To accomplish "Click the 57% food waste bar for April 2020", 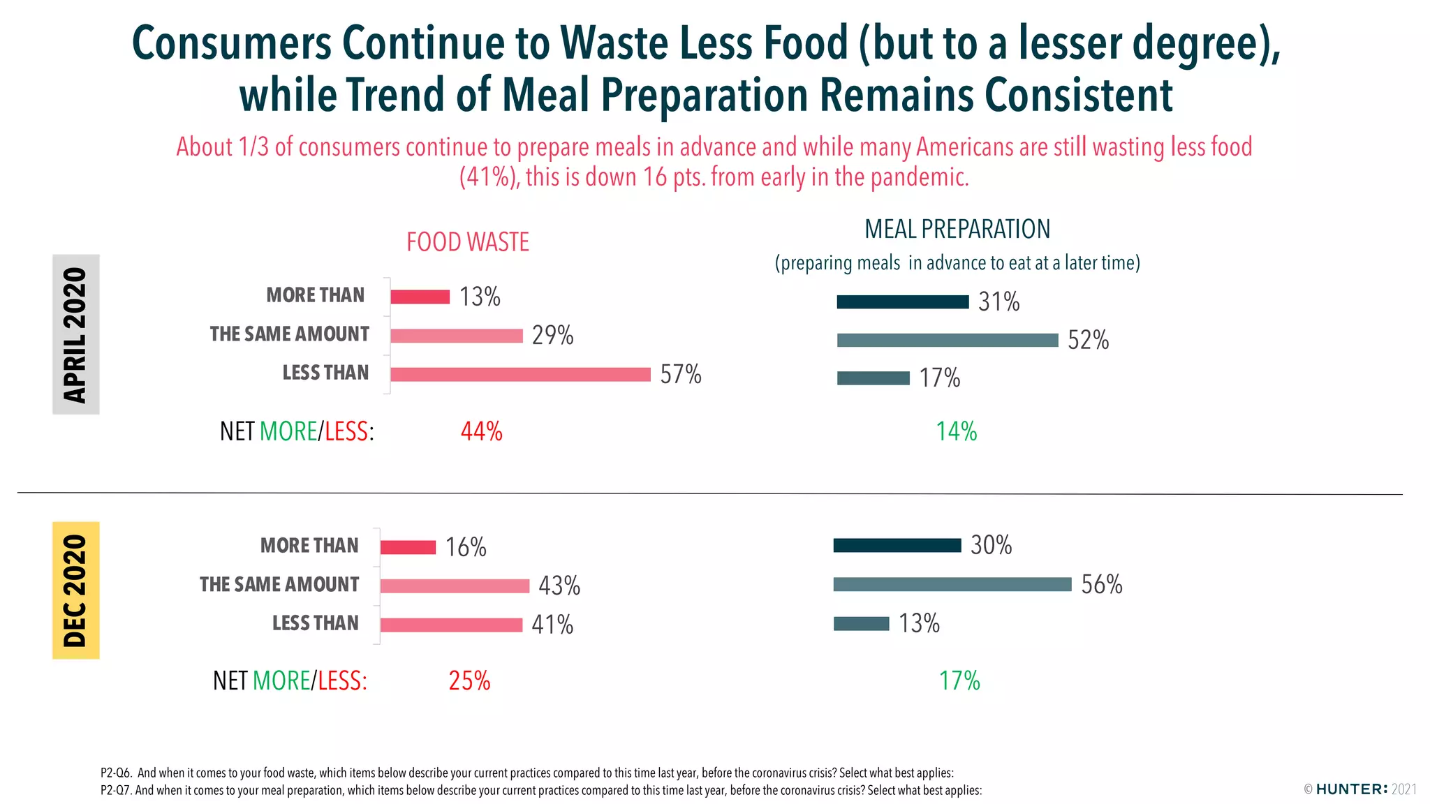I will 520,375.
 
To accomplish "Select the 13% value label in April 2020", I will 480,297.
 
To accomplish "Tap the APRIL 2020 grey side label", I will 76,334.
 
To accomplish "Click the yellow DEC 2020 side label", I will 76,590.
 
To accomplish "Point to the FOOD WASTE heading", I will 468,242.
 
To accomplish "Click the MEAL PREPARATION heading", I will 957,229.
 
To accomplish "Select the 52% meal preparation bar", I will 948,341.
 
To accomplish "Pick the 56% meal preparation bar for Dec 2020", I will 952,585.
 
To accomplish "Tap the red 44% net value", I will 481,431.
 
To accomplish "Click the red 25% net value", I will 469,680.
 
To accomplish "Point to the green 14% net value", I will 956,431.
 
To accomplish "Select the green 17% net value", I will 959,680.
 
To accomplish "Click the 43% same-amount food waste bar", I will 455,586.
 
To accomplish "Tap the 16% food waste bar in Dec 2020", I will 408,547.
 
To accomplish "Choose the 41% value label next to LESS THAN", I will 552,625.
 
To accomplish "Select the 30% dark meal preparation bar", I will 897,546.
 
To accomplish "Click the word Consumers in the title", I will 231,43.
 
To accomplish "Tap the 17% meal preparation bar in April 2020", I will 874,378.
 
